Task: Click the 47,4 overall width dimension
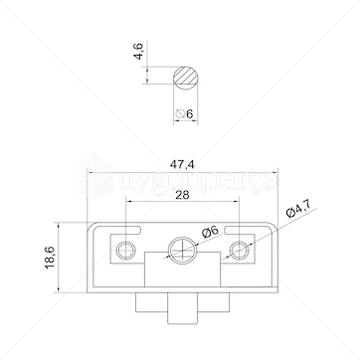[182, 165]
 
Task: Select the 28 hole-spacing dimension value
[182, 194]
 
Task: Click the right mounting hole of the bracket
[239, 250]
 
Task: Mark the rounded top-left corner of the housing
[90, 226]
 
